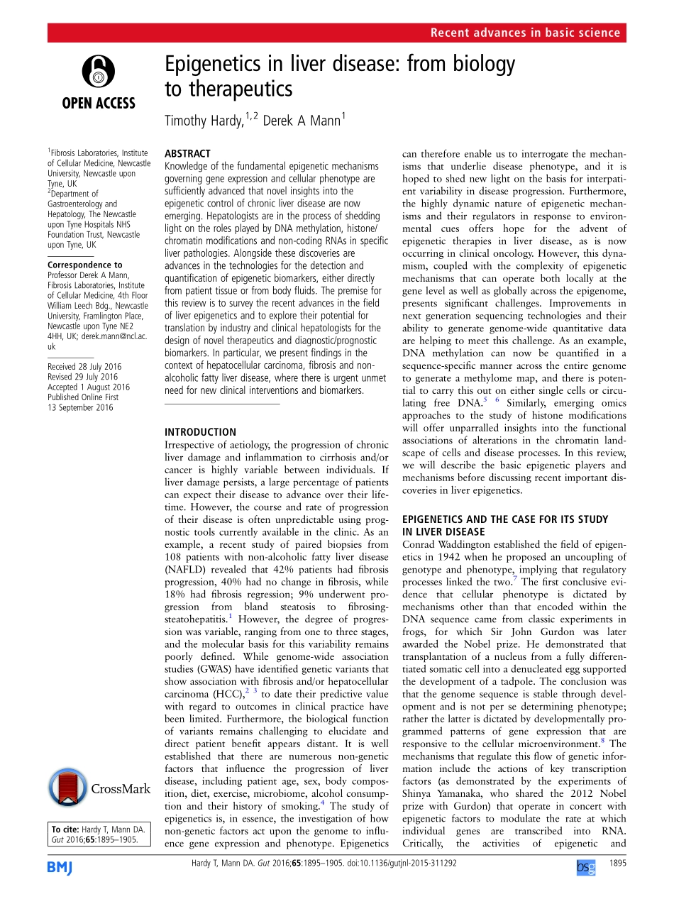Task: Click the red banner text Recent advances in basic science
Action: pyautogui.click(x=525, y=33)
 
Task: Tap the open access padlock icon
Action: pyautogui.click(x=98, y=71)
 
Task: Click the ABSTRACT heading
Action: pyautogui.click(x=187, y=153)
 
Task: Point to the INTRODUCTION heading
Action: pyautogui.click(x=200, y=431)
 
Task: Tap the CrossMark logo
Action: pyautogui.click(x=99, y=789)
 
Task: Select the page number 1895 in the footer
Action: pyautogui.click(x=617, y=864)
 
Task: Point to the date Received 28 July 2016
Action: pyautogui.click(x=84, y=367)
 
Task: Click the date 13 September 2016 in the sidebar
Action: pyautogui.click(x=80, y=408)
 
